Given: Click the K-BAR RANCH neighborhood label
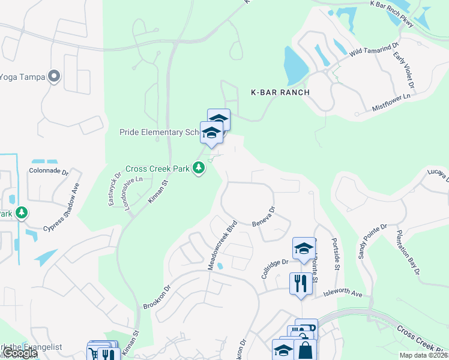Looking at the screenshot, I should tap(280, 92).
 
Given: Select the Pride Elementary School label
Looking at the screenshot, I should tap(159, 132).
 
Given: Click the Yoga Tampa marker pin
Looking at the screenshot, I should tap(55, 76).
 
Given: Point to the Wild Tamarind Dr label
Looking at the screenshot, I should tap(373, 50).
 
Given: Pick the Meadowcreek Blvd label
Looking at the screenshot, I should tap(223, 245).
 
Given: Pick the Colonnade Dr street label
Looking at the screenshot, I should tap(49, 170).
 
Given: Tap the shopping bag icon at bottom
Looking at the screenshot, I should tap(305, 350).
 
